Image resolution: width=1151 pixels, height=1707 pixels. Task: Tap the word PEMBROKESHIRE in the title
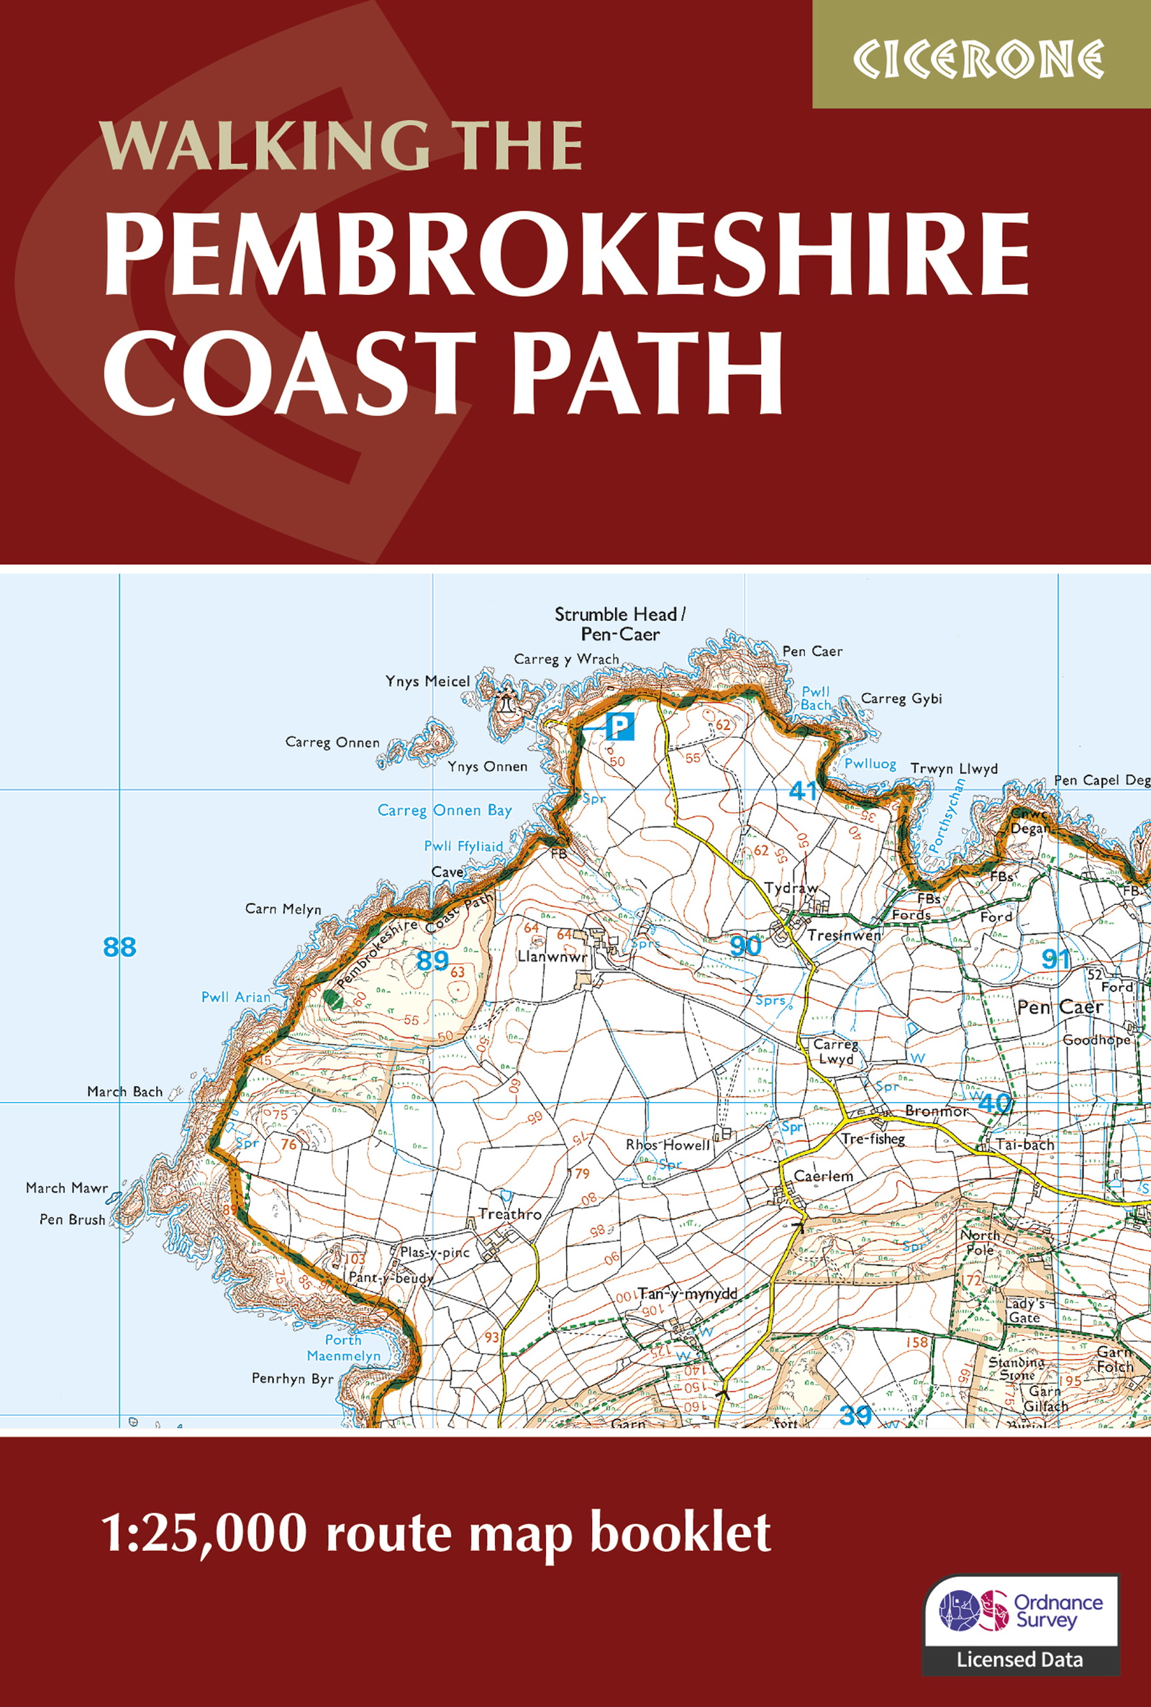(x=566, y=254)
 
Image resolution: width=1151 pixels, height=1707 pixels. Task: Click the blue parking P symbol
(x=619, y=727)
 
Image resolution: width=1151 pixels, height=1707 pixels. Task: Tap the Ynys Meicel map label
(x=427, y=682)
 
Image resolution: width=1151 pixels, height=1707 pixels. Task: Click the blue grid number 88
(x=119, y=947)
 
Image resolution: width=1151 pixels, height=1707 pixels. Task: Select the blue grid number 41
(x=803, y=791)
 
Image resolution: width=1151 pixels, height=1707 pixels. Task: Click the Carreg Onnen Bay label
(x=444, y=810)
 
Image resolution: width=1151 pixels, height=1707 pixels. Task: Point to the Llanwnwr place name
(x=552, y=957)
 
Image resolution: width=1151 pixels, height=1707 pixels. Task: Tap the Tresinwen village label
(x=844, y=936)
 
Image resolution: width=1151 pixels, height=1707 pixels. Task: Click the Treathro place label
(x=509, y=1214)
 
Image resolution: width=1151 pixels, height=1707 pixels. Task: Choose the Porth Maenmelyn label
(x=343, y=1347)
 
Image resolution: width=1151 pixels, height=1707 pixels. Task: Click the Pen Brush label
(x=72, y=1220)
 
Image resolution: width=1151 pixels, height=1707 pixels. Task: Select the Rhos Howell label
(x=668, y=1145)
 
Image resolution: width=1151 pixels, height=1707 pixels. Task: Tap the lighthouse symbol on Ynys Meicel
(x=506, y=703)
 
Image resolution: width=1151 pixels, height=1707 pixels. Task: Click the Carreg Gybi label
(x=901, y=698)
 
